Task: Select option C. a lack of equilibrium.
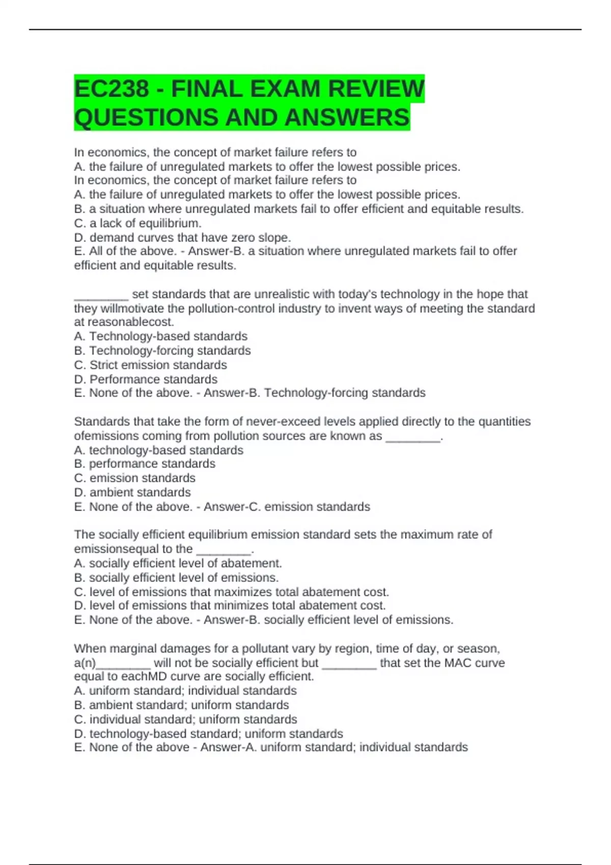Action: point(137,223)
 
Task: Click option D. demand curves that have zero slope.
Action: point(182,238)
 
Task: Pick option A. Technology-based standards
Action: point(160,336)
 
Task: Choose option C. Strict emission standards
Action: point(150,365)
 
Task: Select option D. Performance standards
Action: point(146,379)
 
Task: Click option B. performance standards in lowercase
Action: point(145,464)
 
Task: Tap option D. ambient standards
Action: point(132,492)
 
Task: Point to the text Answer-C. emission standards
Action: point(287,507)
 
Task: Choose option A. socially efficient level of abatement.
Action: point(178,563)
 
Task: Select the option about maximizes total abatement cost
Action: point(231,592)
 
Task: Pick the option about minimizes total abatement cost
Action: point(230,605)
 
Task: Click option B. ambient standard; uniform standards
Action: point(181,705)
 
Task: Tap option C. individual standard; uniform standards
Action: point(185,719)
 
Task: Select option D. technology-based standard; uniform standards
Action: point(208,734)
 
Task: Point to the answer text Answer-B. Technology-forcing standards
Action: point(314,393)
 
